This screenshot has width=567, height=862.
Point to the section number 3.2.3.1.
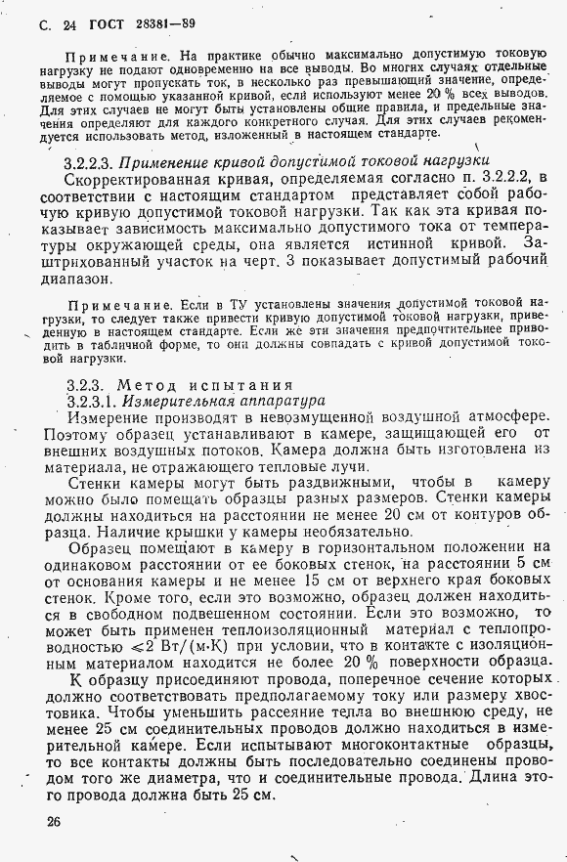[95, 401]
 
